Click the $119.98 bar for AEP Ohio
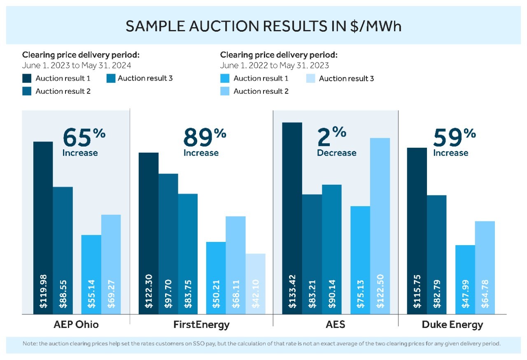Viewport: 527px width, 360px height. [x=43, y=228]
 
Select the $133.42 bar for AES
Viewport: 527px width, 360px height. [x=292, y=218]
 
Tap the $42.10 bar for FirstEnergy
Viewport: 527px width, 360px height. [x=256, y=284]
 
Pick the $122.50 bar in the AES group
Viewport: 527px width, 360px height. [x=380, y=226]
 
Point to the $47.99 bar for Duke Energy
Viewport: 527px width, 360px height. [x=465, y=280]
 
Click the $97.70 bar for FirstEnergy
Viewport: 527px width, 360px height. [x=168, y=244]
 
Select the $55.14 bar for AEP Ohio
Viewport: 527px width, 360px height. [x=91, y=274]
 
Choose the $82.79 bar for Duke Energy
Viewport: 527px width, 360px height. [x=437, y=255]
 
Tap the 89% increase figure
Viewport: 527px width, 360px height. [x=205, y=142]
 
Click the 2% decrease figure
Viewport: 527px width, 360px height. [x=336, y=142]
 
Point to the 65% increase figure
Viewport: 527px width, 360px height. [x=84, y=142]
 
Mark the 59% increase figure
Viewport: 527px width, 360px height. [x=455, y=142]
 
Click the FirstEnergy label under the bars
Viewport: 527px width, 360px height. [x=201, y=325]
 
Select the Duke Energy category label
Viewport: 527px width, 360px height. [x=452, y=325]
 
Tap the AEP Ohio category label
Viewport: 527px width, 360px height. [x=76, y=325]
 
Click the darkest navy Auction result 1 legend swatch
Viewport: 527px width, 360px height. [x=27, y=78]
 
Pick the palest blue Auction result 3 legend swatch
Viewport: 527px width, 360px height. [x=310, y=78]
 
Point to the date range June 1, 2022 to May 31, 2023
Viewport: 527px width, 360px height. [x=274, y=65]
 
